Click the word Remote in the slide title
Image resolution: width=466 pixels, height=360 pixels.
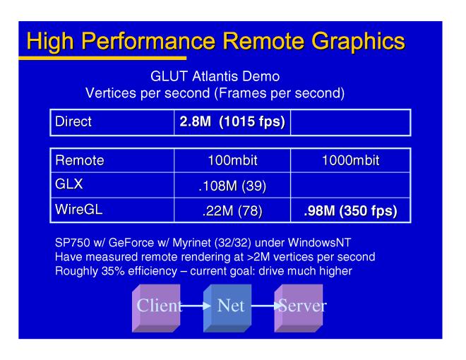pos(263,41)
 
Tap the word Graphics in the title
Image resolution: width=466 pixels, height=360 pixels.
pos(358,42)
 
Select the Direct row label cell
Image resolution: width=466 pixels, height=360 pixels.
pos(112,122)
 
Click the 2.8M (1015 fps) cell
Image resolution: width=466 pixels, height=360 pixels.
pos(232,122)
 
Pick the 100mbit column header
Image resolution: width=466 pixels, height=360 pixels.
pos(232,160)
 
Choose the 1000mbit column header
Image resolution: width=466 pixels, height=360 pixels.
pos(350,160)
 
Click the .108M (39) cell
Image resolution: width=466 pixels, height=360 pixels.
pos(232,186)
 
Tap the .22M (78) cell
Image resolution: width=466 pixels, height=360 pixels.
pos(232,210)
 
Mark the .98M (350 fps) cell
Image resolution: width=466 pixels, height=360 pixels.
pos(350,210)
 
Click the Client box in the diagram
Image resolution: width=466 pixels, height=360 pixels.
pos(156,308)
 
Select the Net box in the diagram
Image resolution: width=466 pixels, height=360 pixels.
pos(227,308)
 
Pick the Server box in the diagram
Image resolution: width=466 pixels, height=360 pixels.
pos(299,308)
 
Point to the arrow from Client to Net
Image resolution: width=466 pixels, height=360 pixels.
pos(195,306)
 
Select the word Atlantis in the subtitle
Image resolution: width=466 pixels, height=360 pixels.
pos(215,76)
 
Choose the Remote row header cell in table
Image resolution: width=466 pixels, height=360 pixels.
pos(112,160)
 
